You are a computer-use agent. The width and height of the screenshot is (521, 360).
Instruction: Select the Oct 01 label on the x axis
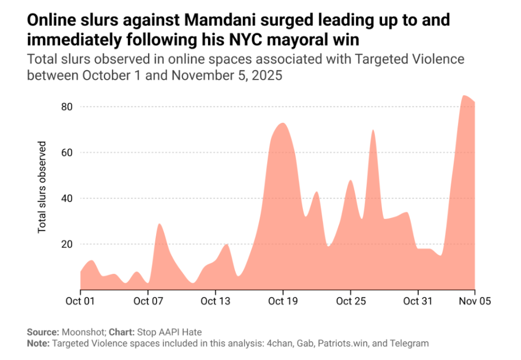click(x=80, y=301)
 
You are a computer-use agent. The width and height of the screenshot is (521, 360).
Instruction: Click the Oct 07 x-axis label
click(x=148, y=301)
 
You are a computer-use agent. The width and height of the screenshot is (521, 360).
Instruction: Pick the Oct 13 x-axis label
click(x=216, y=301)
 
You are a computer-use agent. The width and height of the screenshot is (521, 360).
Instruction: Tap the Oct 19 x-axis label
click(x=283, y=301)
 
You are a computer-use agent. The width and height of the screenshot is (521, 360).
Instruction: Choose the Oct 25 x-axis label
click(x=351, y=301)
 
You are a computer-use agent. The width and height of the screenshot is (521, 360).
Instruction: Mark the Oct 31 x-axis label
click(x=418, y=301)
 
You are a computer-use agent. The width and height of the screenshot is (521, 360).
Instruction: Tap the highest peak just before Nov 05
click(x=464, y=96)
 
